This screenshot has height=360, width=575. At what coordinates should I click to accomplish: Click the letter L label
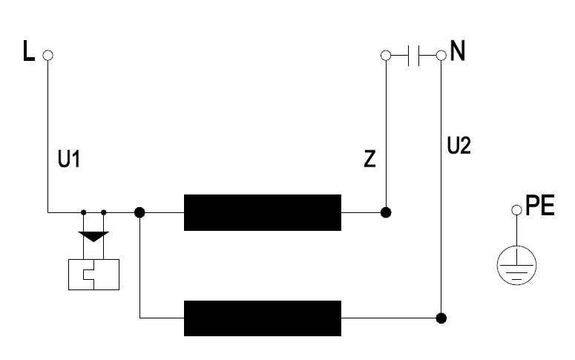click(29, 50)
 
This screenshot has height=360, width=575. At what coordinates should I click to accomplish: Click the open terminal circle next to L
click(47, 56)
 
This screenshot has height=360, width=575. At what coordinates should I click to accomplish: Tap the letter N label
click(457, 50)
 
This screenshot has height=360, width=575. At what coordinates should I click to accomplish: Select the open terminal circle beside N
click(441, 56)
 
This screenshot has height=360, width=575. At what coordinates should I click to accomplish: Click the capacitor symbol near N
click(414, 56)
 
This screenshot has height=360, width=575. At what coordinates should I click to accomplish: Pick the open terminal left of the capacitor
click(386, 56)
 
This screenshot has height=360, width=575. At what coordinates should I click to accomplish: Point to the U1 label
click(69, 160)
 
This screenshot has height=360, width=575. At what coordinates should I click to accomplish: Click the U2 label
click(459, 145)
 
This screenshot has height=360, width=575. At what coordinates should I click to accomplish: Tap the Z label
click(369, 160)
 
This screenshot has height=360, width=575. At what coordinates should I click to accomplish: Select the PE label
click(540, 206)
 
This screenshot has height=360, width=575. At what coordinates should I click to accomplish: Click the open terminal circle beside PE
click(516, 210)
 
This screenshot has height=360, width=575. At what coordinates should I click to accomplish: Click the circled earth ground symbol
click(516, 265)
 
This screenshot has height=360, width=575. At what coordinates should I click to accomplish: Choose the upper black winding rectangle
click(263, 212)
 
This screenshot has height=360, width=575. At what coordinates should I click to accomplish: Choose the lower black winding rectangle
click(263, 318)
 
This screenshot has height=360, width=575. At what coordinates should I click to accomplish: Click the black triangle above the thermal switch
click(93, 236)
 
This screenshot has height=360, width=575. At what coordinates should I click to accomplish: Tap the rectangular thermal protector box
click(94, 275)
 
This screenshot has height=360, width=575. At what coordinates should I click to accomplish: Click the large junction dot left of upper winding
click(139, 212)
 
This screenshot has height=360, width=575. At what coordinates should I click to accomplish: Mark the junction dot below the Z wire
click(386, 212)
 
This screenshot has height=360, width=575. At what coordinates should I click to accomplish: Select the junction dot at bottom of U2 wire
click(441, 318)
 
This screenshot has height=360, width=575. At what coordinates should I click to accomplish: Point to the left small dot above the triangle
click(84, 212)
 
